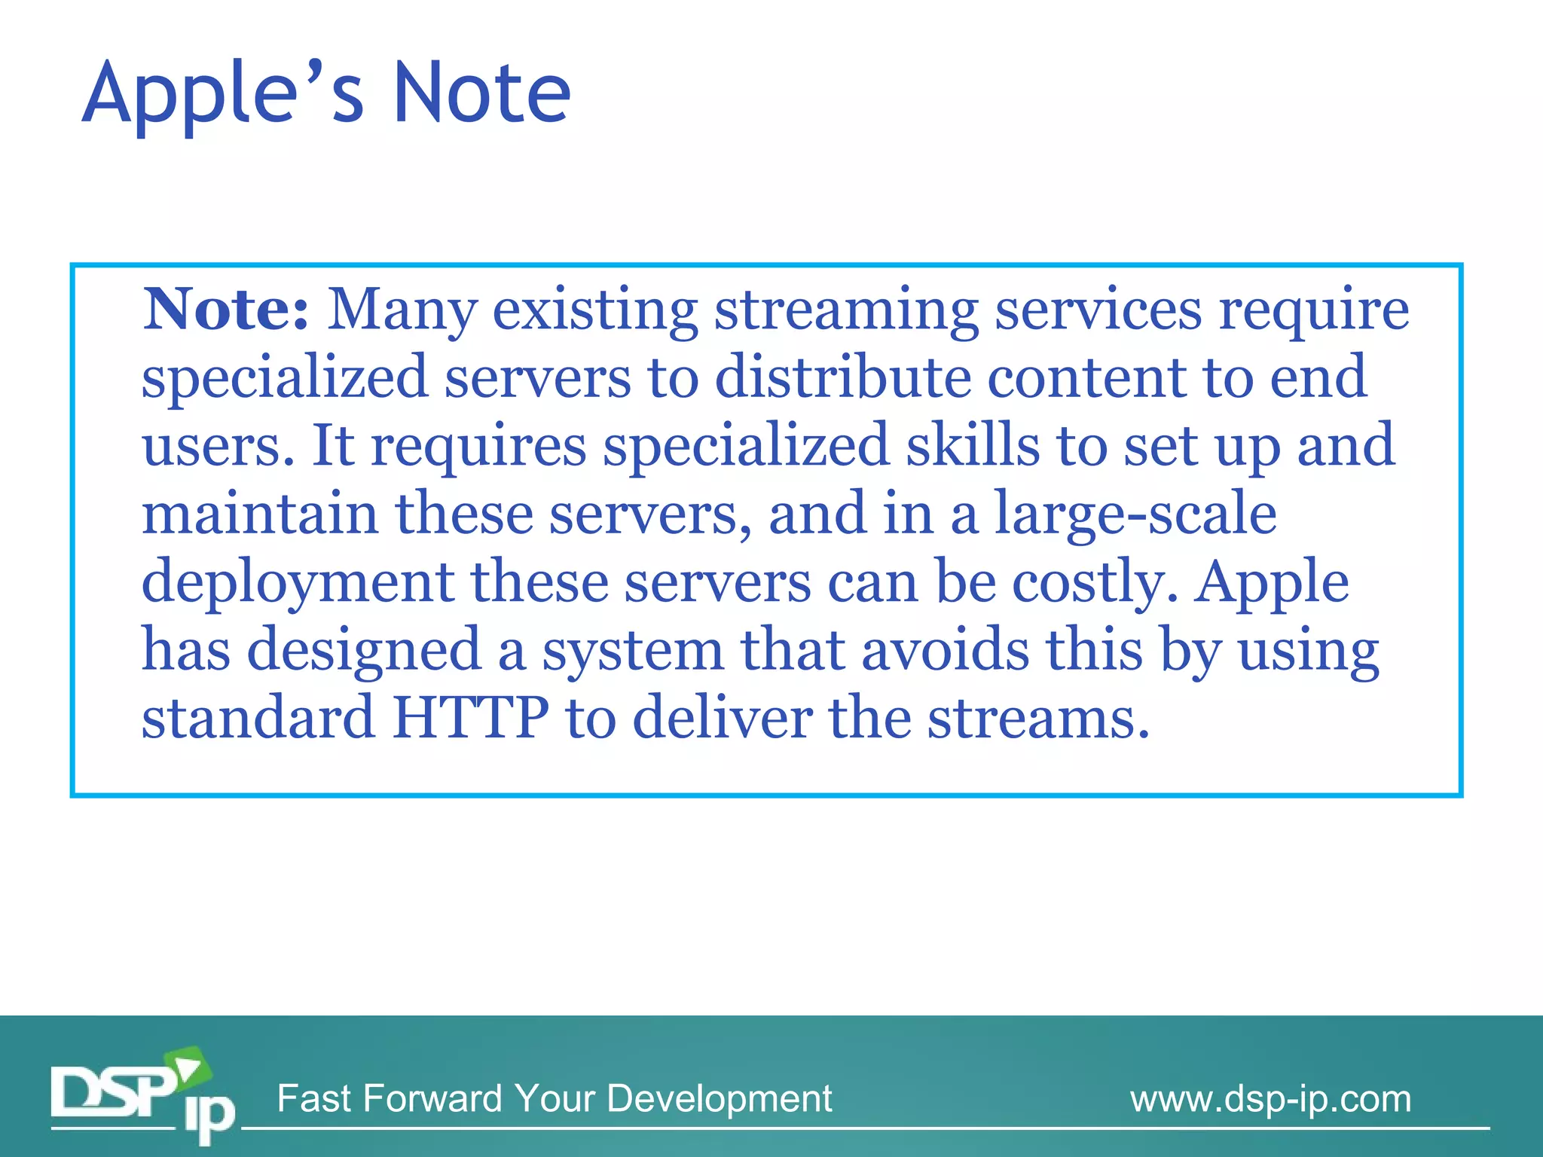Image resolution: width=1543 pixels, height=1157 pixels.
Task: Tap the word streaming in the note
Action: [846, 310]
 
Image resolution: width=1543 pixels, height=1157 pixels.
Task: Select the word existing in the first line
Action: [595, 310]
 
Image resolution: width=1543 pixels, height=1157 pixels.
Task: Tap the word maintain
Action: [260, 514]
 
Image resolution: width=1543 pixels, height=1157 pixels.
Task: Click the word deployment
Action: [298, 583]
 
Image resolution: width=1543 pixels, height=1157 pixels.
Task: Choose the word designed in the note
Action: [364, 650]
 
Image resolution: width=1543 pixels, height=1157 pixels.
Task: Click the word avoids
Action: [945, 650]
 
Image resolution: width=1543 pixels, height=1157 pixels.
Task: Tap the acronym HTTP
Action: [471, 718]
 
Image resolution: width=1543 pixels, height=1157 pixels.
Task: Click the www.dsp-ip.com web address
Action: [1270, 1098]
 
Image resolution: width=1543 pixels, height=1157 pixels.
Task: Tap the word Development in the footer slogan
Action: [719, 1098]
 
